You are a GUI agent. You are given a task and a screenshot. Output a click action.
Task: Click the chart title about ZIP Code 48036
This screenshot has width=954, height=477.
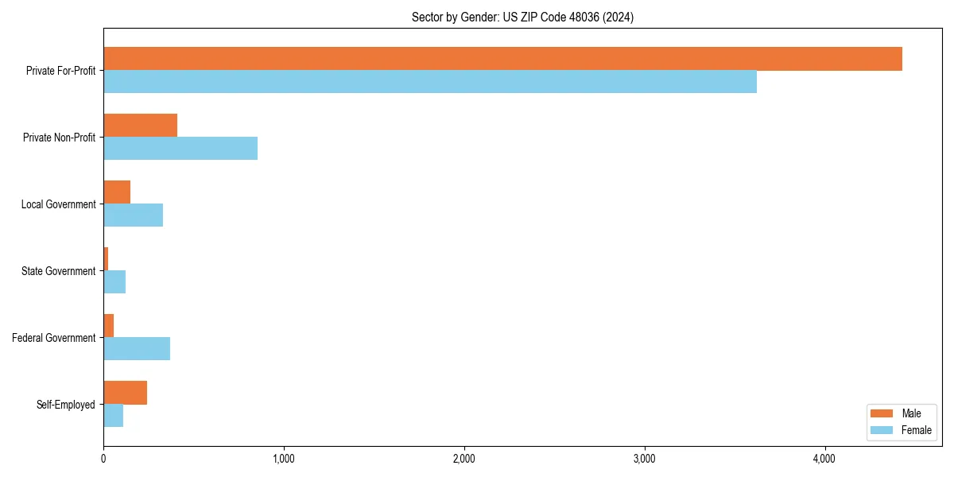point(522,17)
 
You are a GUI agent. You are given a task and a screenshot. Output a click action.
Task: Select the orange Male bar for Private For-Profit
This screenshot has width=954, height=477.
point(502,59)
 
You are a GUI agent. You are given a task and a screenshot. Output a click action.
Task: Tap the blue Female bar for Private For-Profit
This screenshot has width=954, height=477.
point(430,82)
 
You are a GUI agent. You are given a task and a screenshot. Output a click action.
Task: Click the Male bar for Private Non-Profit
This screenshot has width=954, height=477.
point(140,126)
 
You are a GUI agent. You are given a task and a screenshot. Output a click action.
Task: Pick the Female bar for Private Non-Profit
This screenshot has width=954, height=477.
point(180,149)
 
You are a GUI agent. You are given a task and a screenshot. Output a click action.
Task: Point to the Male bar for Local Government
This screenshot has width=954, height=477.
point(117,192)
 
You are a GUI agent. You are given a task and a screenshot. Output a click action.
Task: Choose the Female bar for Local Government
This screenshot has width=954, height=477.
point(133,215)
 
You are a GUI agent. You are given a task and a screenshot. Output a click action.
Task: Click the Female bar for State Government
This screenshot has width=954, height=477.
point(114,282)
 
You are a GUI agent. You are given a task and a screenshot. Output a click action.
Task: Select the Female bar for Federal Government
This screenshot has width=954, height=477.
point(137,349)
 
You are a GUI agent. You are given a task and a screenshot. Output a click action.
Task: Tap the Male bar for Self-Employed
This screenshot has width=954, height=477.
point(125,393)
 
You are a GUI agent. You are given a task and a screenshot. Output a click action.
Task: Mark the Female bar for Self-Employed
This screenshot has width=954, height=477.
point(113,416)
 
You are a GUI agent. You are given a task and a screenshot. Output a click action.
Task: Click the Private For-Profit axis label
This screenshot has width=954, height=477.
point(60,71)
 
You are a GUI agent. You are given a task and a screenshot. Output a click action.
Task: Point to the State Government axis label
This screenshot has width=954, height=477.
point(58,271)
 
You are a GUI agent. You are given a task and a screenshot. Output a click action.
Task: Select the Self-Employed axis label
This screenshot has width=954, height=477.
point(66,405)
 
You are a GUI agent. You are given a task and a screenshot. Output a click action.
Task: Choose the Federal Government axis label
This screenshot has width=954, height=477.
point(54,338)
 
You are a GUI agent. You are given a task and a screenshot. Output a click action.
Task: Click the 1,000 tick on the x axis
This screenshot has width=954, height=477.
point(284,459)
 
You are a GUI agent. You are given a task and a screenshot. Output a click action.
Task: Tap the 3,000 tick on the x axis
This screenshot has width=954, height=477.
point(644,459)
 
